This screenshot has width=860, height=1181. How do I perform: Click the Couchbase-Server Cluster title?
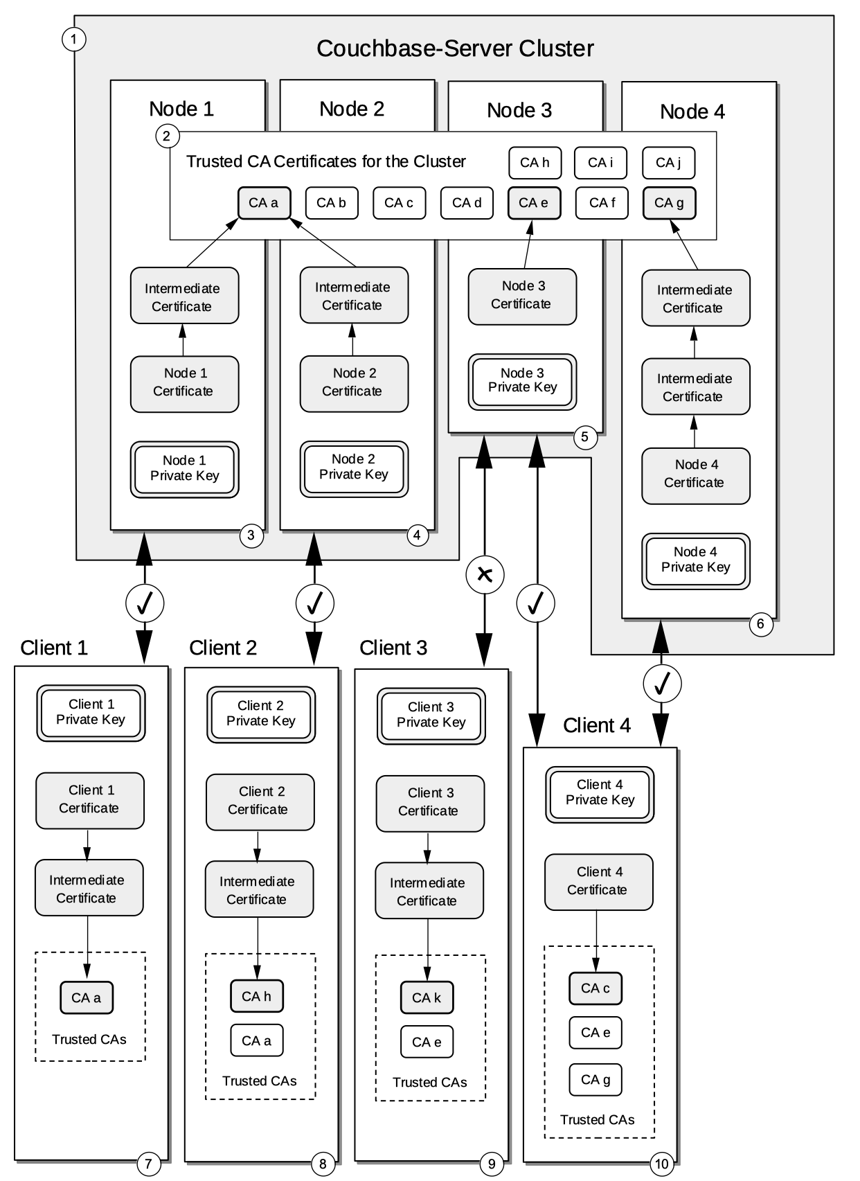pos(455,48)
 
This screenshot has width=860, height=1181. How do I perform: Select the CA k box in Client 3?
pos(427,997)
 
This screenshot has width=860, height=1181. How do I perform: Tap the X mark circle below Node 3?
pos(485,574)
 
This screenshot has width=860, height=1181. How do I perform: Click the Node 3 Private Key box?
pos(522,381)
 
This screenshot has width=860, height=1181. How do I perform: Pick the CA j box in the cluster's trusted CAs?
pos(668,163)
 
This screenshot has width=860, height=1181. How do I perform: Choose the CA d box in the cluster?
pos(467,203)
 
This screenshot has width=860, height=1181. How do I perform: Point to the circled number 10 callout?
pos(661,1164)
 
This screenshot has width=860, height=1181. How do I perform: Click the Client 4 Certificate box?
pos(598,881)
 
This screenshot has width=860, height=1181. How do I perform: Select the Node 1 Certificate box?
pos(184,383)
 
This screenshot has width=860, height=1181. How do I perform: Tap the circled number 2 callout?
pos(166,136)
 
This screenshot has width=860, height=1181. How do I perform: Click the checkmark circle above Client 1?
pos(145,603)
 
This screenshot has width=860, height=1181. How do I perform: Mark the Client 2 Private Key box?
pos(260,714)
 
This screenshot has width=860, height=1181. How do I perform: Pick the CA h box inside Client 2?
pos(256,996)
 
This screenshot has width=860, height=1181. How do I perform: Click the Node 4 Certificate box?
pos(695,474)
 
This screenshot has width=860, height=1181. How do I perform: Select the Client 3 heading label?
pos(393,648)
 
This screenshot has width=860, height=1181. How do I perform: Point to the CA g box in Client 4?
pos(595,1079)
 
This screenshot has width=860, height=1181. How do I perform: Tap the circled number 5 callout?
pos(585,436)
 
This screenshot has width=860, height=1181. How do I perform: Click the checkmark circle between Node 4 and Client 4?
pos(662,684)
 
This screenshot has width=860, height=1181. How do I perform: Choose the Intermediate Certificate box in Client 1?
pos(89,888)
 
